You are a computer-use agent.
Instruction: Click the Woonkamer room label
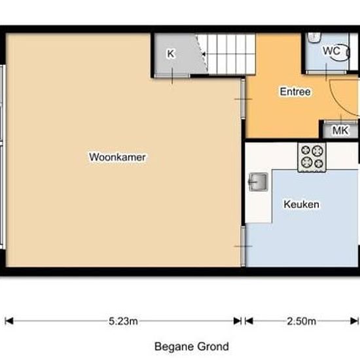tap(117, 157)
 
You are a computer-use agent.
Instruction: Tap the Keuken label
tap(301, 204)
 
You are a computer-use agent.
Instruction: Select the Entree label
tap(295, 92)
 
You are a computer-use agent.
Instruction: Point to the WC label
tap(331, 51)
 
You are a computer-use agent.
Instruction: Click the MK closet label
tap(340, 130)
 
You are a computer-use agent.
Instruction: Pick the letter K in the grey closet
tap(171, 54)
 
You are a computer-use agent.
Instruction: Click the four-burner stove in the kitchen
tap(312, 157)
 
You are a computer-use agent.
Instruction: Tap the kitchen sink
tap(259, 182)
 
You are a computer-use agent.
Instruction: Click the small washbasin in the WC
tap(314, 37)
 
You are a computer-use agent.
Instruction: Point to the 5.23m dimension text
tap(123, 321)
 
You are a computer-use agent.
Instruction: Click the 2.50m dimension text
tap(302, 321)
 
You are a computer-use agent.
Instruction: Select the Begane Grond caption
tap(192, 346)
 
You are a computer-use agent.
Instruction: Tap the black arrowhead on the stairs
tap(203, 54)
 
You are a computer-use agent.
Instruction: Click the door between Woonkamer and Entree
tap(243, 99)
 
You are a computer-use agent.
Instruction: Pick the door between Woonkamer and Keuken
tap(243, 246)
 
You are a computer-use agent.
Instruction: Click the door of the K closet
tap(172, 75)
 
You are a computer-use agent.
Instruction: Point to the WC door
tap(326, 72)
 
